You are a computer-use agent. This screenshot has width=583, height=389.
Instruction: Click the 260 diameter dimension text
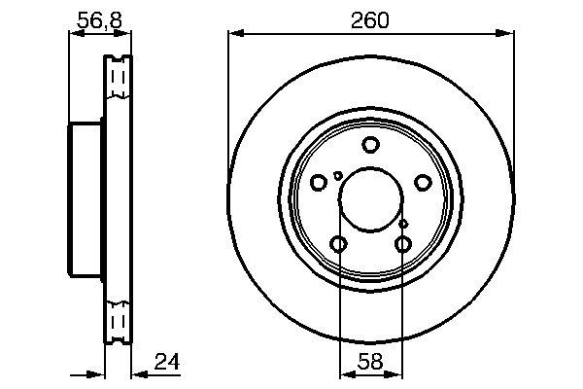[370, 19]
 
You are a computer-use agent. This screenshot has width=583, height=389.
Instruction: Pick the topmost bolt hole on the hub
[370, 146]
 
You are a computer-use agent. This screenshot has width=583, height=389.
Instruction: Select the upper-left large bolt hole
[319, 183]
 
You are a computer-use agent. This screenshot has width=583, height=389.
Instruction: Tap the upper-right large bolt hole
[423, 183]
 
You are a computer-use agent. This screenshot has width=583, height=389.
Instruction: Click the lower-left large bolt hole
[338, 244]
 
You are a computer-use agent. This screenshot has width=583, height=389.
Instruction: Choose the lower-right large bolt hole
[403, 244]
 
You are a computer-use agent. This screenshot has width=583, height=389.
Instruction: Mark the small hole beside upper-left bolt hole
[337, 175]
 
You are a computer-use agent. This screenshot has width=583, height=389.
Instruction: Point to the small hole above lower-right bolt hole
[403, 225]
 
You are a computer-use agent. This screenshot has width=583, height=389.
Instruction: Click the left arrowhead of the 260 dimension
[232, 35]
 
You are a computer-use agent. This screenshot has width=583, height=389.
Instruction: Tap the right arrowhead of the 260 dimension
[508, 35]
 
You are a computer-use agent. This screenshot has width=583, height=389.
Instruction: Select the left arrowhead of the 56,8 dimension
[73, 35]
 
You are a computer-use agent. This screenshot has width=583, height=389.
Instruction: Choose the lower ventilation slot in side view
[118, 321]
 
